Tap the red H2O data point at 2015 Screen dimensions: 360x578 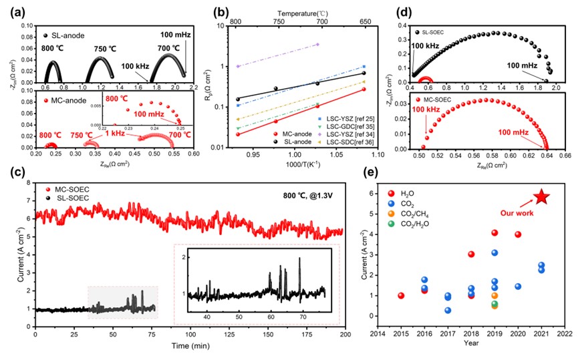401,295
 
